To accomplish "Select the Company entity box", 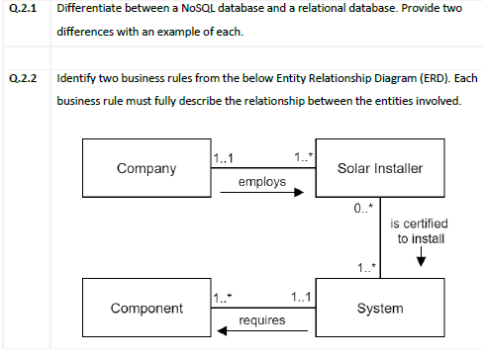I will (145, 168).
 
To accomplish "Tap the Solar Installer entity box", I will (379, 168).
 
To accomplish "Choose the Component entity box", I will (145, 308).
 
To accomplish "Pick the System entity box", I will (379, 308).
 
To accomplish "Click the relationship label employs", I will (261, 182).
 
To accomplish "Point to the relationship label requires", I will (262, 320).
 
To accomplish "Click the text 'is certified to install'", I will (420, 231).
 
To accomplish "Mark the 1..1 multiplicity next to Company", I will (224, 157).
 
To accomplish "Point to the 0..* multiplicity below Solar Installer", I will (363, 207).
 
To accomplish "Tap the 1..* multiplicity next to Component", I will (224, 297).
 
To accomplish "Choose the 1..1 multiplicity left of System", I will (303, 297).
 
